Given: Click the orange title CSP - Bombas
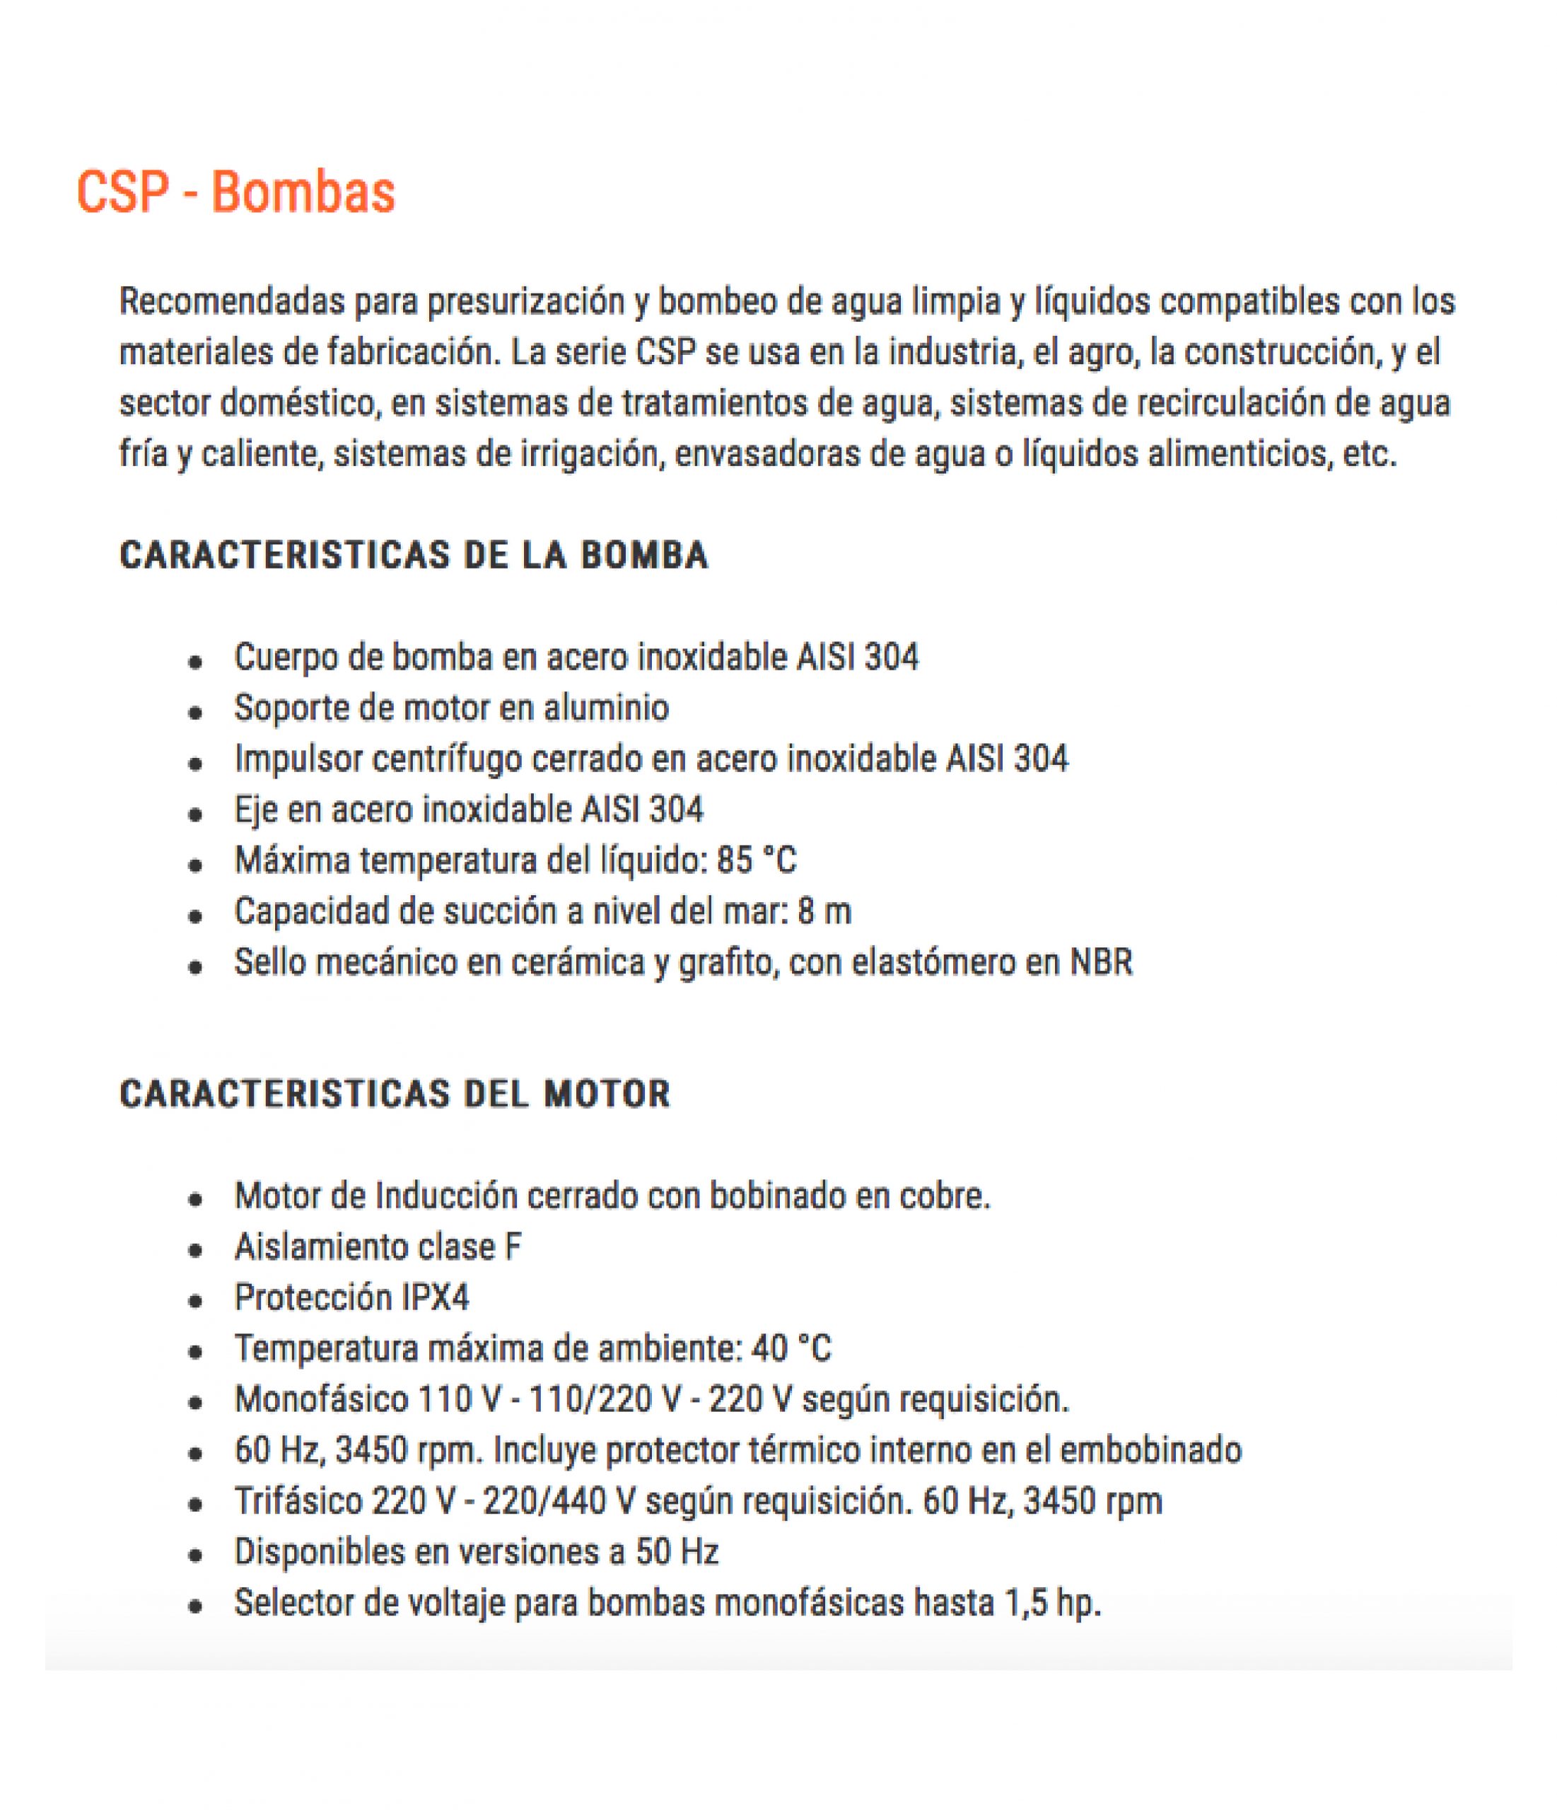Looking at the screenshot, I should pyautogui.click(x=236, y=192).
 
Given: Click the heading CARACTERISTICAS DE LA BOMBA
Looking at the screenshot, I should pyautogui.click(x=413, y=556).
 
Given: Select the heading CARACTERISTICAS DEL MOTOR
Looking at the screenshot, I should pyautogui.click(x=395, y=1094).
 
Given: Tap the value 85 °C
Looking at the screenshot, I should pyautogui.click(x=757, y=861).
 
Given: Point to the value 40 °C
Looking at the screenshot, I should pyautogui.click(x=791, y=1349).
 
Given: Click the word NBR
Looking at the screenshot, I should pyautogui.click(x=1101, y=963).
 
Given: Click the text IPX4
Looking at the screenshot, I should pyautogui.click(x=435, y=1298).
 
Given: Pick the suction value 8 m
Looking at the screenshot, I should pyautogui.click(x=824, y=912).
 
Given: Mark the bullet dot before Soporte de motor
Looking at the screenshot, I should pyautogui.click(x=196, y=713).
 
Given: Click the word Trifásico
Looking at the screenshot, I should pyautogui.click(x=298, y=1502).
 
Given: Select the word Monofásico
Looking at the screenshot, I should pyautogui.click(x=320, y=1399).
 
